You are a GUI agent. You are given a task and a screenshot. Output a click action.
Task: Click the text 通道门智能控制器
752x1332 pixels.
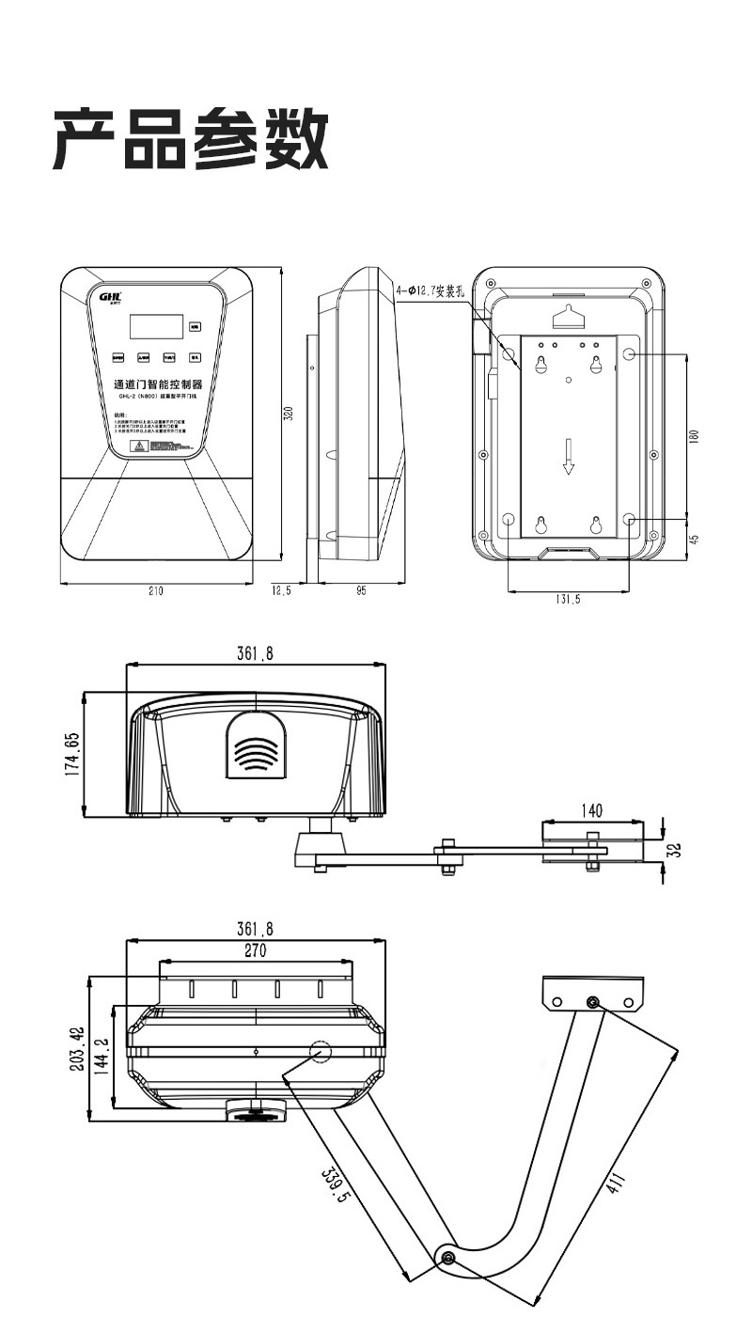click(x=157, y=384)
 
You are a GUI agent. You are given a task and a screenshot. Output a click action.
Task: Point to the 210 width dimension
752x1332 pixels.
click(x=156, y=591)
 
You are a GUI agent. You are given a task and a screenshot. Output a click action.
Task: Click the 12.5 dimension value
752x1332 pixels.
click(x=281, y=591)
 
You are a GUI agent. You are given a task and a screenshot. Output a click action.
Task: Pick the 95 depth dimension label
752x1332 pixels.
click(x=361, y=591)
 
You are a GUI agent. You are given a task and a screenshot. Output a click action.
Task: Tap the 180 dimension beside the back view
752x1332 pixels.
click(x=693, y=438)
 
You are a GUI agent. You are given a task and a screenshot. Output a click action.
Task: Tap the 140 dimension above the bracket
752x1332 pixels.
click(x=593, y=810)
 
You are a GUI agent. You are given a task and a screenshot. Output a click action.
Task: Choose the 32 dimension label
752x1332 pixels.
click(x=673, y=850)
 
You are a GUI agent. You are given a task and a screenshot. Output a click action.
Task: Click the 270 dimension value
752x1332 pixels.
click(x=256, y=950)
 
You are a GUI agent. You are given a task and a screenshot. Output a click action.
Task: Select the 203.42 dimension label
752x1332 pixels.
click(x=82, y=1048)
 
